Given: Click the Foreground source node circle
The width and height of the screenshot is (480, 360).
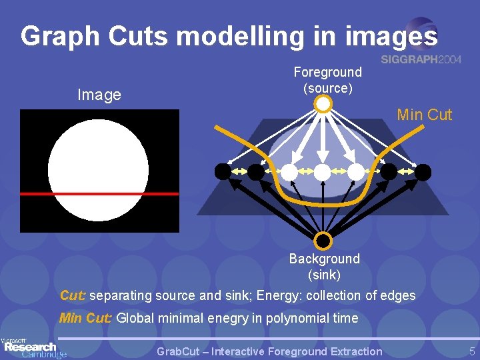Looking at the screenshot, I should pos(323,104).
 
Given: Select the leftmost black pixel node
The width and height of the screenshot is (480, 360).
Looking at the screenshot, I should pos(223,171).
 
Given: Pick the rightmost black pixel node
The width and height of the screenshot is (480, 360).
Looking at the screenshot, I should pos(423,171).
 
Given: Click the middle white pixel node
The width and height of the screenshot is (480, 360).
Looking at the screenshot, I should pos(323,171).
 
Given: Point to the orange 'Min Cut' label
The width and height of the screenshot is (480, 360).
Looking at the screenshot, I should pos(424,115).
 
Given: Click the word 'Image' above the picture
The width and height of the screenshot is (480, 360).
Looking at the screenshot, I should pos(99,95).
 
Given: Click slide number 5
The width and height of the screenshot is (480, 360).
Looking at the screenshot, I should pos(471,351).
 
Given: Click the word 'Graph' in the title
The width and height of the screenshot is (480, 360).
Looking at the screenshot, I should pos(57,37).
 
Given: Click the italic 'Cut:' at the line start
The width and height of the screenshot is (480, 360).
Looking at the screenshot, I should pos(73,295).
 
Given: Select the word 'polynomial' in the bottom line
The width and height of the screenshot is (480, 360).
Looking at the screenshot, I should pos(297,318).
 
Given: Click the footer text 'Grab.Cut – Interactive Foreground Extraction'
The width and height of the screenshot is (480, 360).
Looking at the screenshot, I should pos(269,351).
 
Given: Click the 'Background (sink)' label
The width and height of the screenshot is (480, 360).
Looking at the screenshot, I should pos(324,266).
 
